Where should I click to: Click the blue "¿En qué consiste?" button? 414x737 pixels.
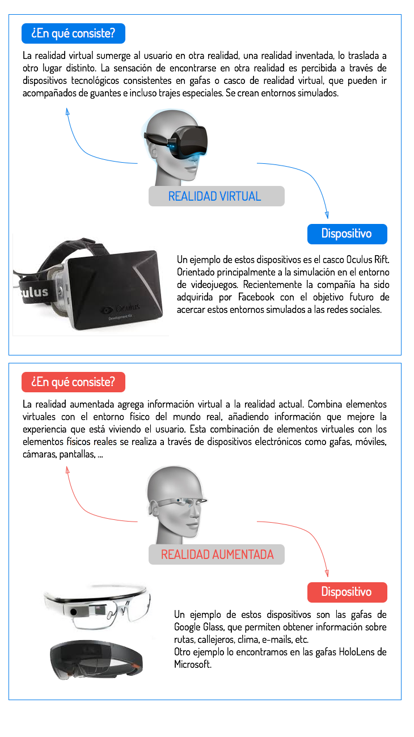(x=73, y=33)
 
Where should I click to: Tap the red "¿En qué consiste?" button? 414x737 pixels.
(x=73, y=382)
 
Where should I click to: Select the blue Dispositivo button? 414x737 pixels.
(x=347, y=234)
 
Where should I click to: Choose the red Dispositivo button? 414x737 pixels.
(x=347, y=592)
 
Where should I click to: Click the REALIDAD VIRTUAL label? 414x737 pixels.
(x=216, y=196)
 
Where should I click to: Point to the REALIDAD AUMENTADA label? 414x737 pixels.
(x=216, y=554)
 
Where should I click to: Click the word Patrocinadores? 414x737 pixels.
(x=95, y=444)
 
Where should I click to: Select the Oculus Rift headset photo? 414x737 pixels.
(x=91, y=285)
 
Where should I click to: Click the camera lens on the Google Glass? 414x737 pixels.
(x=74, y=612)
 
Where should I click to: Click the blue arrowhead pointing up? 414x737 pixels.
(x=67, y=111)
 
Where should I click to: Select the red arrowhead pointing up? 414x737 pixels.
(x=67, y=469)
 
